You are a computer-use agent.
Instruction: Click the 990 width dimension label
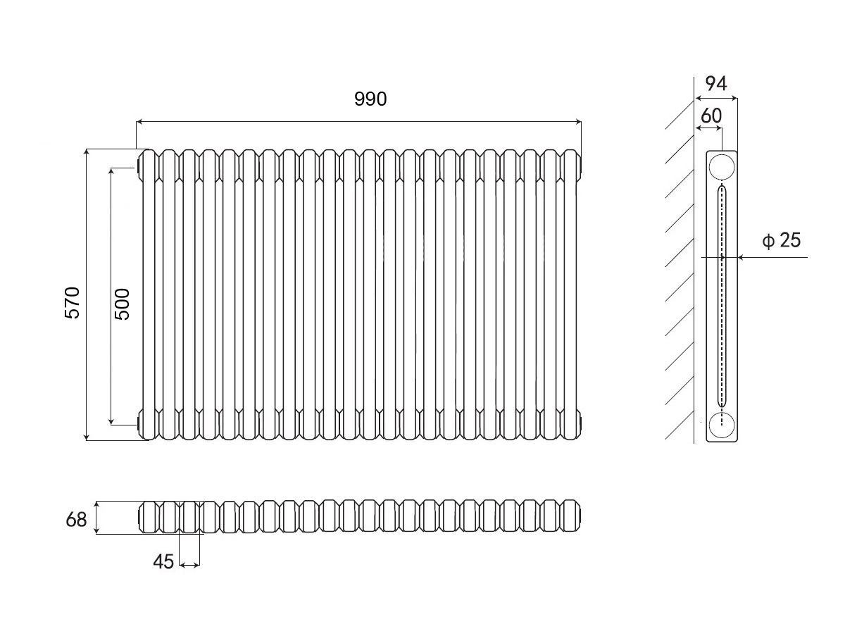pos(370,99)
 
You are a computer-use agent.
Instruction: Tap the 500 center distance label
pos(122,304)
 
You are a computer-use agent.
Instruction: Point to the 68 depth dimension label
pos(76,520)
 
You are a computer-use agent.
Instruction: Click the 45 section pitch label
pos(163,561)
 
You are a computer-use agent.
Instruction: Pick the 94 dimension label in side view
pos(715,84)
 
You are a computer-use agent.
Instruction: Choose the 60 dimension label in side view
pos(711,115)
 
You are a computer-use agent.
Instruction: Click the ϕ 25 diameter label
pos(782,241)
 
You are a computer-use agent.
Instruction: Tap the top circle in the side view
pos(722,167)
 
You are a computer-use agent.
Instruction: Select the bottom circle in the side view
pos(722,425)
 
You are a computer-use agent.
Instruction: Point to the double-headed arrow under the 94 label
pos(716,98)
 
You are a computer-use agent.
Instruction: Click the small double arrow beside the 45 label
pos(189,564)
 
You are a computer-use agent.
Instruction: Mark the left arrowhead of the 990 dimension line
pos(139,123)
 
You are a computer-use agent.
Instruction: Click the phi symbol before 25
pos(768,242)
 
